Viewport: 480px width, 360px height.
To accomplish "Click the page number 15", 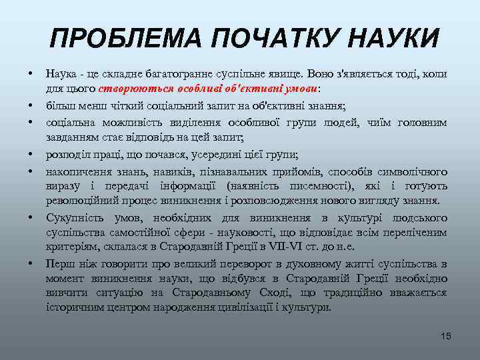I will click(x=445, y=336).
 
